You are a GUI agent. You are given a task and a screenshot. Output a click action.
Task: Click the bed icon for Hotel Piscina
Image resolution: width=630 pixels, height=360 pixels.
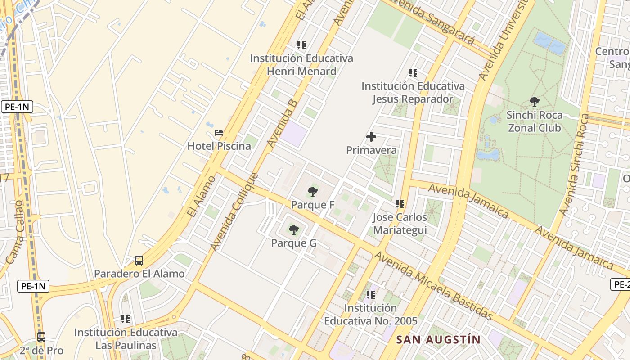(219, 133)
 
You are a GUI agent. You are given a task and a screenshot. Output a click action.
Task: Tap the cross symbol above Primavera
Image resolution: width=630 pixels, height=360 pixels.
(371, 137)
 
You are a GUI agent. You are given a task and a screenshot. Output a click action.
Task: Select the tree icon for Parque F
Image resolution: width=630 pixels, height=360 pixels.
(313, 192)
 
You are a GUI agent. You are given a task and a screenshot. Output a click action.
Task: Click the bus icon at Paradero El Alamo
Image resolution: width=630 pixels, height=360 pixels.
(139, 261)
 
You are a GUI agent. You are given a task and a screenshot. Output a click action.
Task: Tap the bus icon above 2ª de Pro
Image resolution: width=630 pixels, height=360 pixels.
(41, 337)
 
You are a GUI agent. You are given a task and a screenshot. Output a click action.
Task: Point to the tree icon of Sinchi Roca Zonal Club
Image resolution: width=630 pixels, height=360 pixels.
(535, 102)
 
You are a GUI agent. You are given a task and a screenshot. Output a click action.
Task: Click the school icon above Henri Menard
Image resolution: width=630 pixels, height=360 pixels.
(301, 45)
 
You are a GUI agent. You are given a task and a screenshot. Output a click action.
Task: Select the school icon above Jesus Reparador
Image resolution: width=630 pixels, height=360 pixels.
(413, 73)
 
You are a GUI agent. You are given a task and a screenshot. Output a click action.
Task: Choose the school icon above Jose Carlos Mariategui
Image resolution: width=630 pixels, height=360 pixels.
(400, 204)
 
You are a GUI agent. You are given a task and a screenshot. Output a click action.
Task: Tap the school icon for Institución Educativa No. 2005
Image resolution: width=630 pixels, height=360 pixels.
(371, 295)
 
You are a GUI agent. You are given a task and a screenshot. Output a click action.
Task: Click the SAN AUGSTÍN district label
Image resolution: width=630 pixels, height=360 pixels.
(438, 340)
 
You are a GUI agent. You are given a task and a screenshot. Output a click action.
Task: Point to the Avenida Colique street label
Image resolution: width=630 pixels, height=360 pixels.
(234, 212)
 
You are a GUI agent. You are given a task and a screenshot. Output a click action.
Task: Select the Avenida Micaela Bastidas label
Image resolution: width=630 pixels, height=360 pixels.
(433, 286)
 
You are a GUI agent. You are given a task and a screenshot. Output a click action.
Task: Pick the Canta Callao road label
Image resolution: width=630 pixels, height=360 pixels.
(15, 232)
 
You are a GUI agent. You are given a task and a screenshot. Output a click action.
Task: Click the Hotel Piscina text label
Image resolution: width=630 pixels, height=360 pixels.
(219, 146)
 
